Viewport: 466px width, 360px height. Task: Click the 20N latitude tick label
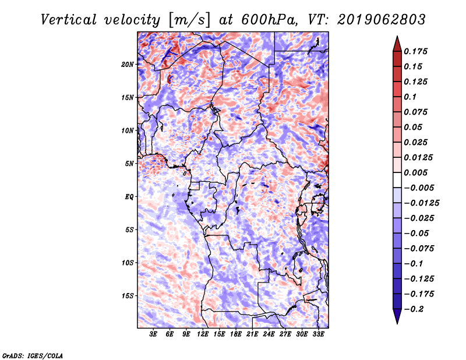pos(128,65)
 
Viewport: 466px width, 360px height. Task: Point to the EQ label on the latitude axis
pos(129,197)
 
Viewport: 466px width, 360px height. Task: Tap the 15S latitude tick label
pos(128,296)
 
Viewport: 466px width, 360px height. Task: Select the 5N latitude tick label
pos(129,164)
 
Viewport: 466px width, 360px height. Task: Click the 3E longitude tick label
pos(153,334)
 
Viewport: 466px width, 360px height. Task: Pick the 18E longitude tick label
pos(236,334)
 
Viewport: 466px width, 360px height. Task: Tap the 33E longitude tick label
pos(318,334)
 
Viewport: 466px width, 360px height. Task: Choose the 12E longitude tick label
pos(203,334)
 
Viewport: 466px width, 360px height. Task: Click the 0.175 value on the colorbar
pos(416,51)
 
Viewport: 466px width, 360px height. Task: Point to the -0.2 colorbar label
pos(414,309)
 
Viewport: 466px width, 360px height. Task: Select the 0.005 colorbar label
pos(416,172)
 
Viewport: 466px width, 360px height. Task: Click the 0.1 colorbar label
pos(410,97)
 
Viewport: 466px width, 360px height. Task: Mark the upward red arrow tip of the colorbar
pos(397,36)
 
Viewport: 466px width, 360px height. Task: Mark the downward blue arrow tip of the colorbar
pos(397,323)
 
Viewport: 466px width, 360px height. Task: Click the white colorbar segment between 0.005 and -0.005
pos(397,180)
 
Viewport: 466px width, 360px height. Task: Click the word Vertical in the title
pos(69,20)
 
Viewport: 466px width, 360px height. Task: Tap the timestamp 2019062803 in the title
pos(382,20)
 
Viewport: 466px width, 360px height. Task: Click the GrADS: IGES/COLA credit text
pos(33,355)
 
